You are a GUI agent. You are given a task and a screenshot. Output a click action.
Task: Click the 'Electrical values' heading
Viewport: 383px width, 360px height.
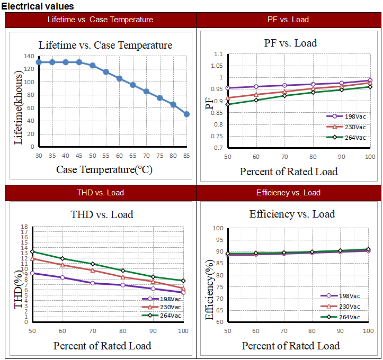coord(38,6)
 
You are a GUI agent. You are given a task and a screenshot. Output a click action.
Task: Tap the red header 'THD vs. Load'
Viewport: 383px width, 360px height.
coord(101,193)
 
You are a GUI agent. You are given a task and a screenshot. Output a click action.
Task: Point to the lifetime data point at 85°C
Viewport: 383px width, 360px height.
coord(186,114)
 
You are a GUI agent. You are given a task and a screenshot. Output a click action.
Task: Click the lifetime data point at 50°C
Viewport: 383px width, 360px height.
coord(93,66)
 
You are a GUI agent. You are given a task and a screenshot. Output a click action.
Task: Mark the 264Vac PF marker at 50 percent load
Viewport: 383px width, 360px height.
coord(228,104)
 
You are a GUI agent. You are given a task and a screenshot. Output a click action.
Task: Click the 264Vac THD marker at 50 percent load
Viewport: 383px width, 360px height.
coord(32,252)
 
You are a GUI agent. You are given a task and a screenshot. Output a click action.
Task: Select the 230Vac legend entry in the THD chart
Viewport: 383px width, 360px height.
coord(162,307)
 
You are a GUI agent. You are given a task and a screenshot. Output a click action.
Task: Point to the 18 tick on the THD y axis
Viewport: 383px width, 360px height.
coord(24,227)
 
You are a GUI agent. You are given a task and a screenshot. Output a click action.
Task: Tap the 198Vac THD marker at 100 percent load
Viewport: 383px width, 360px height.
coord(183,292)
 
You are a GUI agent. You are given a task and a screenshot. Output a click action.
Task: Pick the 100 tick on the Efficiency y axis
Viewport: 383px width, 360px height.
coord(217,229)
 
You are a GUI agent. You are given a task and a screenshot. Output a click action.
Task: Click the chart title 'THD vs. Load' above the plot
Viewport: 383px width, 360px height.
coord(102,214)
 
